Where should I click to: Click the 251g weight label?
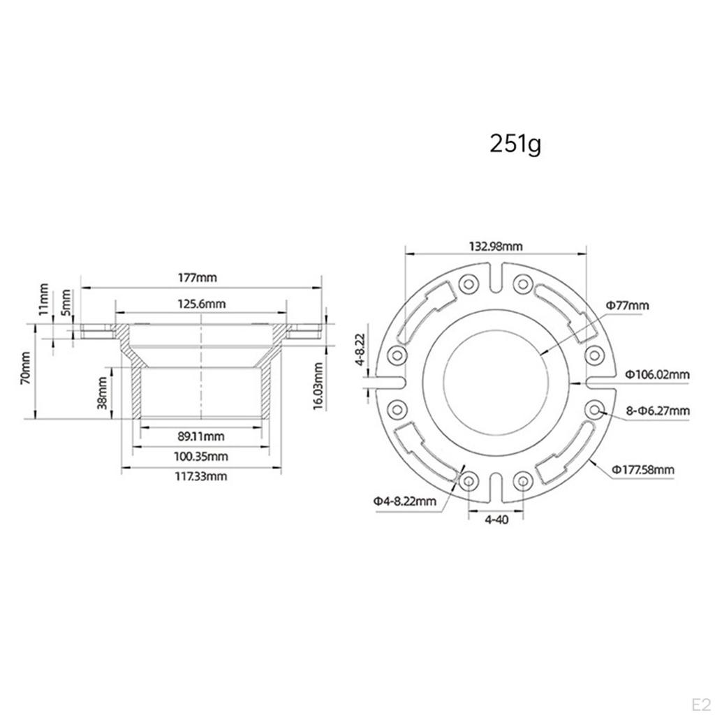pyautogui.click(x=515, y=145)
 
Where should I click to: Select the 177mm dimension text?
pyautogui.click(x=198, y=277)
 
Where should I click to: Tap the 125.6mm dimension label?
pyautogui.click(x=200, y=304)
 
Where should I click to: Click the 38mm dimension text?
pyautogui.click(x=103, y=392)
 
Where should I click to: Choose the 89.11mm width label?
pyautogui.click(x=200, y=436)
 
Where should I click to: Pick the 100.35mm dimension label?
pyautogui.click(x=201, y=457)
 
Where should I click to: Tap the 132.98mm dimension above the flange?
pyautogui.click(x=495, y=246)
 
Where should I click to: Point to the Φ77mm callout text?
pyautogui.click(x=627, y=305)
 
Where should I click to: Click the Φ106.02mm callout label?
pyautogui.click(x=657, y=374)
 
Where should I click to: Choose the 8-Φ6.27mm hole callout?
pyautogui.click(x=657, y=411)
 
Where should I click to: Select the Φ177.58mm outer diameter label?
pyautogui.click(x=644, y=469)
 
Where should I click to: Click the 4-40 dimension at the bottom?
pyautogui.click(x=495, y=520)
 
